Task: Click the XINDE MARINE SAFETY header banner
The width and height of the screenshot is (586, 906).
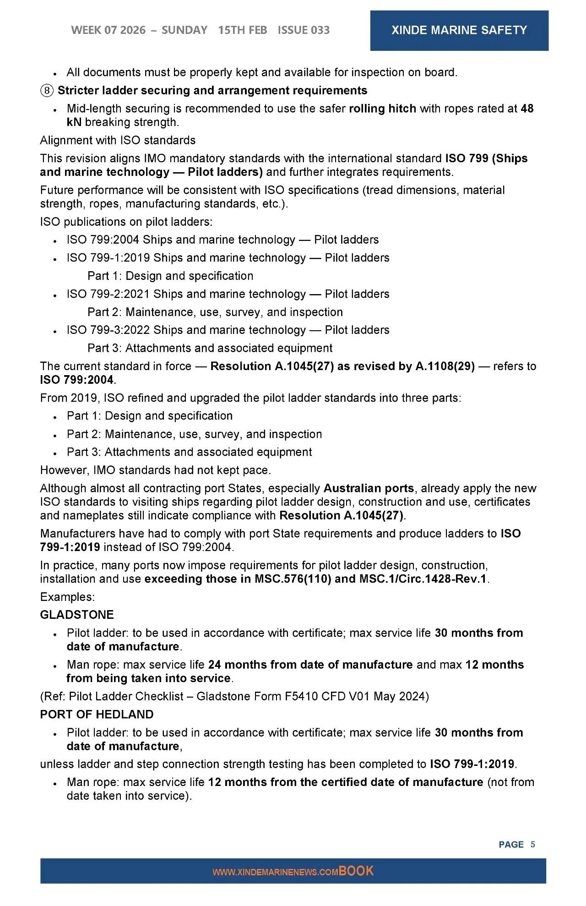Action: (459, 30)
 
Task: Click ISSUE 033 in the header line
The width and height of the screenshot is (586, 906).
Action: (304, 30)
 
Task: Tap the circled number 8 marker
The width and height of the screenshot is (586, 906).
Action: (47, 91)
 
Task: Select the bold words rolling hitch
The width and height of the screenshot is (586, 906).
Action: (382, 109)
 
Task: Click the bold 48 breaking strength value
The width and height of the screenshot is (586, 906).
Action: (527, 109)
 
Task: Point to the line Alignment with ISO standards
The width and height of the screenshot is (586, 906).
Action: (118, 140)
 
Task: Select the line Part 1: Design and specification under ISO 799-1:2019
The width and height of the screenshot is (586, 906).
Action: (170, 276)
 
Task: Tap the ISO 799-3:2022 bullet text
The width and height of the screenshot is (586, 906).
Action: (228, 330)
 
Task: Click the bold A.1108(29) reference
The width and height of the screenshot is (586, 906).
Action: (445, 366)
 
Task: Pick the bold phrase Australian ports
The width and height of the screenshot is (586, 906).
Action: (369, 488)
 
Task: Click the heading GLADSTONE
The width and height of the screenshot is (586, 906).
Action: (77, 615)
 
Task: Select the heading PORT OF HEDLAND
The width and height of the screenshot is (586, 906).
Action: (97, 715)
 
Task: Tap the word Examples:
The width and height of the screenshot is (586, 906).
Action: (67, 597)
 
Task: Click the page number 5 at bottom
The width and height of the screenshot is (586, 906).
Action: (532, 844)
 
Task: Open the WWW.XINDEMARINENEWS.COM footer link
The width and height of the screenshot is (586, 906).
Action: (275, 872)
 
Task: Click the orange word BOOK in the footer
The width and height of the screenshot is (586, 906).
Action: (356, 871)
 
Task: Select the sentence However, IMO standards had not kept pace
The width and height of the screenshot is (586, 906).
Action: (155, 470)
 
